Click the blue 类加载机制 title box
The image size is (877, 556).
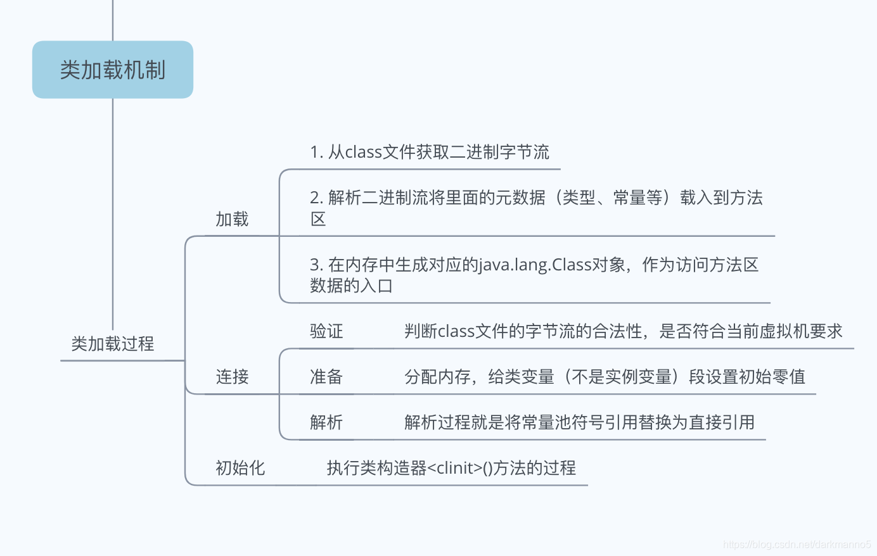tap(113, 70)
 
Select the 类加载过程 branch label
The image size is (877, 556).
tap(113, 344)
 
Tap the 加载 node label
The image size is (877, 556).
tap(232, 219)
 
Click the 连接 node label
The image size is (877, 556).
tap(232, 377)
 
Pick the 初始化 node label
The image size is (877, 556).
tap(240, 468)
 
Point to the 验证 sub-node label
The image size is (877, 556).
tap(326, 331)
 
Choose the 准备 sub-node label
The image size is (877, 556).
tap(326, 377)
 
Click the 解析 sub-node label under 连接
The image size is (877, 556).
tap(326, 422)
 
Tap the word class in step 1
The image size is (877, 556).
tap(363, 152)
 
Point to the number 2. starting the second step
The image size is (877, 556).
tap(316, 198)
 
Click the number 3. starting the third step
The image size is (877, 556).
tap(316, 265)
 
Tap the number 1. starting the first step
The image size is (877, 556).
tap(316, 152)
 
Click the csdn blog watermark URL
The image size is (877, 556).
tap(797, 545)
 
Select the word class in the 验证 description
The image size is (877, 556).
tap(456, 331)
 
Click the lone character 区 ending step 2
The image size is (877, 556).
tap(318, 219)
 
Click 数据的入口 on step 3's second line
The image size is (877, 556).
tap(351, 286)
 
